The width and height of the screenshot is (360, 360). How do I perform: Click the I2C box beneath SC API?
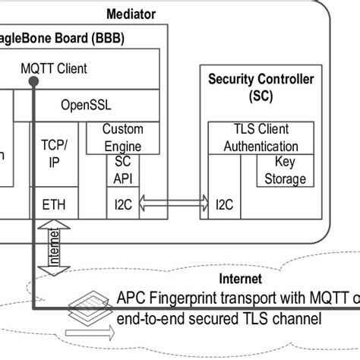pyautogui.click(x=122, y=203)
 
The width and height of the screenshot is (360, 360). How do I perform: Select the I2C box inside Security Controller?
pyautogui.click(x=224, y=203)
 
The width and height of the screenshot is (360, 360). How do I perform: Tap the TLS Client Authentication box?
pyautogui.click(x=256, y=138)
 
